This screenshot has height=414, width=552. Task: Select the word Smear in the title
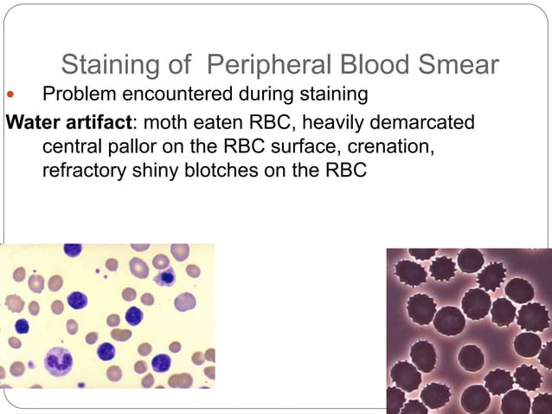click(456, 65)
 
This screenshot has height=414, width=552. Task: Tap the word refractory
click(85, 171)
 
